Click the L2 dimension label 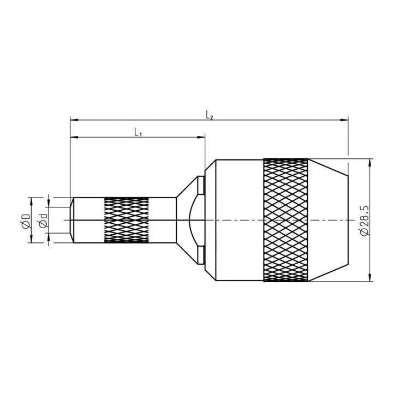(x=210, y=115)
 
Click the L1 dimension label (x=138, y=132)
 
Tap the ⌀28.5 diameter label (x=365, y=221)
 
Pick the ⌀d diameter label (x=43, y=221)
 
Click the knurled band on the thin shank (x=126, y=220)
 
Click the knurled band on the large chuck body (x=285, y=220)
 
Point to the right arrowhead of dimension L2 (x=344, y=120)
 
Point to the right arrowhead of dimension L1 (x=201, y=137)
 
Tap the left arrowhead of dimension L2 (x=74, y=120)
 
